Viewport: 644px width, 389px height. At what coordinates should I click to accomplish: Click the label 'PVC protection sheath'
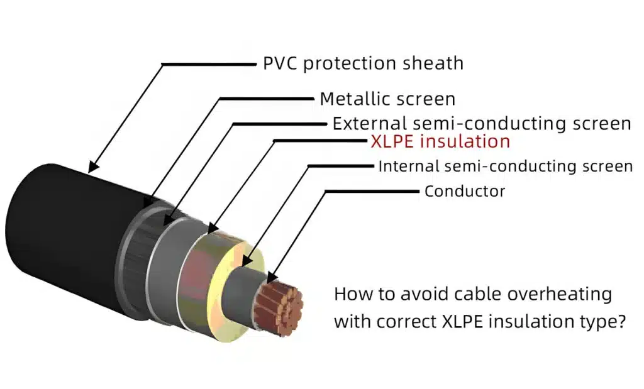(x=363, y=63)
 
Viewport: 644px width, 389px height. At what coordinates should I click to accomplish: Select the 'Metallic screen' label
(x=387, y=99)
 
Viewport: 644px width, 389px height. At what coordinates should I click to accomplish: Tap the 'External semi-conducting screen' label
(x=482, y=124)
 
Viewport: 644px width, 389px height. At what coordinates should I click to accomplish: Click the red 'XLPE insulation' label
(x=440, y=141)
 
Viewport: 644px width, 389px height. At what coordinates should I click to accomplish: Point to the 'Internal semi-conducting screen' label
(x=506, y=166)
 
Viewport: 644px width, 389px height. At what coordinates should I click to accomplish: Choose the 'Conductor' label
(x=465, y=191)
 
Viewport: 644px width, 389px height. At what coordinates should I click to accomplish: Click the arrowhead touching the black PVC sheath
(x=93, y=166)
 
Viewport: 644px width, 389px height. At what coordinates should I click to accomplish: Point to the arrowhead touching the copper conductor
(x=272, y=278)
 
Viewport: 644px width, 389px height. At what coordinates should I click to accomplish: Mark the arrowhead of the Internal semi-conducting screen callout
(x=246, y=261)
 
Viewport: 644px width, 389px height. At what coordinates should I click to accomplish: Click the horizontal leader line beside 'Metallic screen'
(x=266, y=99)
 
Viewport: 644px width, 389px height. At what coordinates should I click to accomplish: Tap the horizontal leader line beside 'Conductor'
(x=372, y=191)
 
